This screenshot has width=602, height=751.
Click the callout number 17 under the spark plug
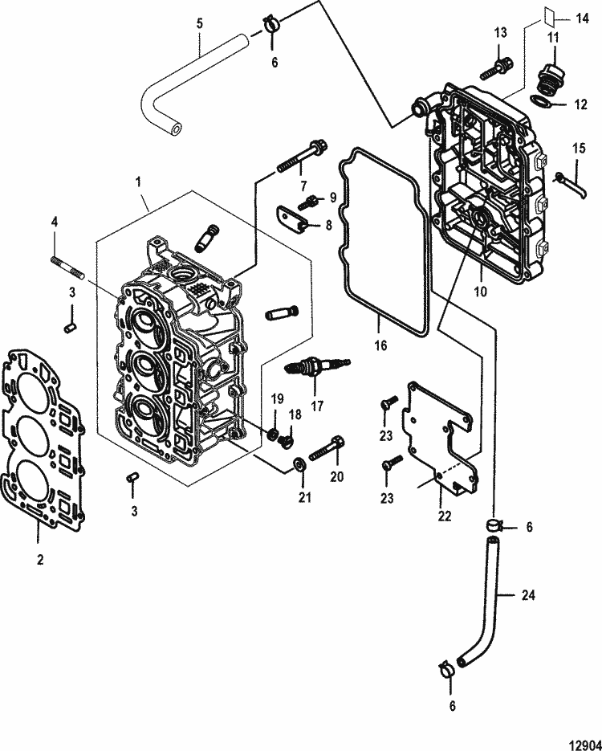317,406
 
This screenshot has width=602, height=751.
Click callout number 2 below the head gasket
39,559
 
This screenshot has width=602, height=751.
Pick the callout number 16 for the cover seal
380,345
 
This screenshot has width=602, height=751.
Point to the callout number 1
141,184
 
